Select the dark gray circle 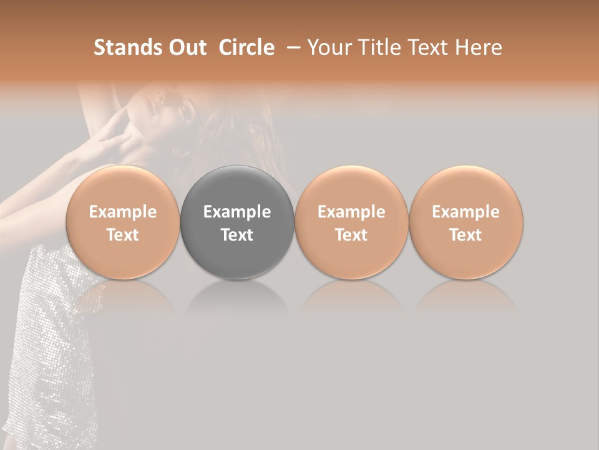click(237, 222)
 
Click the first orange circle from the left click(122, 222)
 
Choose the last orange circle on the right click(466, 222)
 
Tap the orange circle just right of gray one click(351, 222)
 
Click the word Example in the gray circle click(237, 212)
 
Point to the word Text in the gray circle click(237, 235)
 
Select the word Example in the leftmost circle click(122, 212)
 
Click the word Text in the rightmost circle click(466, 235)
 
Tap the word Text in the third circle click(351, 235)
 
